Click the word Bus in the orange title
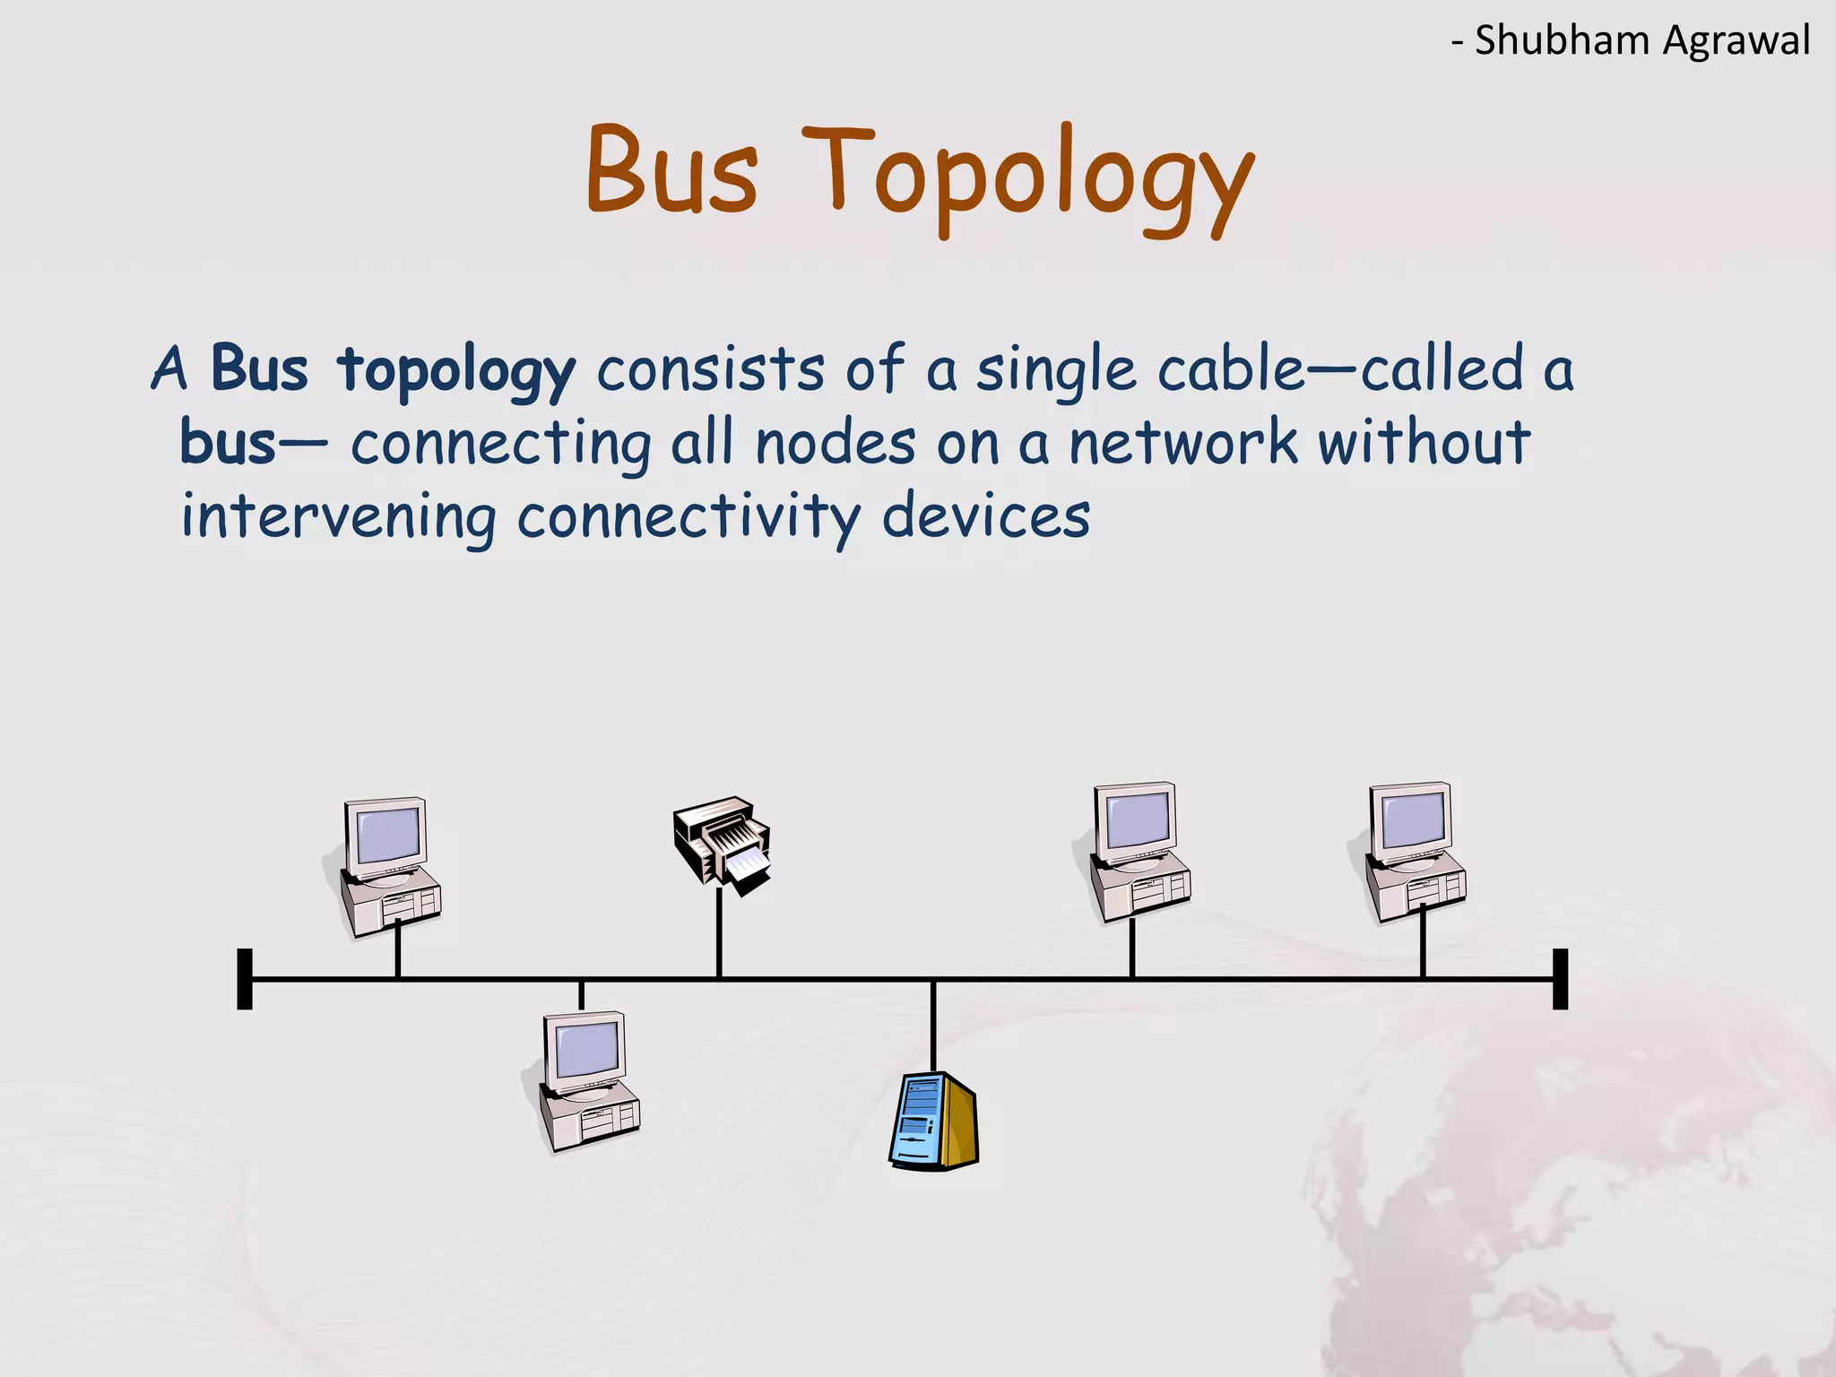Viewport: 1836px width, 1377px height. coord(671,170)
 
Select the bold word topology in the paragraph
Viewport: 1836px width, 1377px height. coord(456,370)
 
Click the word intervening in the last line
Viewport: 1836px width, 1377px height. coord(338,517)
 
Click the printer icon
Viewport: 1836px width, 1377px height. coord(723,843)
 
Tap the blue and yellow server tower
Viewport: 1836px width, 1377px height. coord(933,1122)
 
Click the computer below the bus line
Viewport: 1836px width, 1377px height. coord(588,1081)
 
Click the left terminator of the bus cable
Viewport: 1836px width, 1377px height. coord(245,979)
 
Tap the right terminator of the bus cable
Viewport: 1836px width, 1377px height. coord(1560,979)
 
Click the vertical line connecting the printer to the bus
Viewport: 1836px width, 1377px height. coord(719,932)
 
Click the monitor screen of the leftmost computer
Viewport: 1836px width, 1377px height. coord(387,835)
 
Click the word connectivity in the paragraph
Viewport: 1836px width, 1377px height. coord(688,517)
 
